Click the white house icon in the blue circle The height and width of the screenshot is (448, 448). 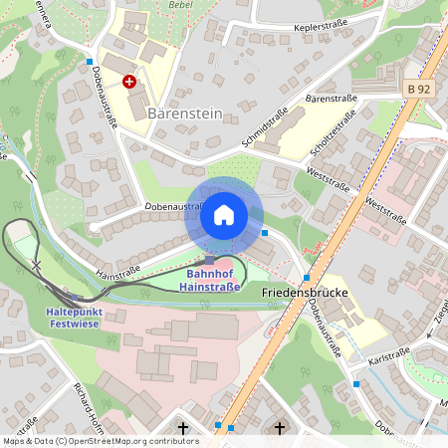click(224, 215)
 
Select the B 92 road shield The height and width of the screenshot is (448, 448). click(420, 89)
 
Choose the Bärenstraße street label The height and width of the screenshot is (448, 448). click(331, 100)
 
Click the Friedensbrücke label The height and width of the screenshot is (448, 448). click(303, 295)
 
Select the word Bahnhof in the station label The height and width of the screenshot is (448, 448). click(210, 274)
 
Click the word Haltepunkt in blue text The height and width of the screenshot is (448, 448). click(73, 312)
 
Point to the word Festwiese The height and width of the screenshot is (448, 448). click(75, 324)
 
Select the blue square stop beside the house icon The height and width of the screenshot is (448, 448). click(265, 233)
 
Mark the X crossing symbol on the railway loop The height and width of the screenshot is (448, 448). click(37, 265)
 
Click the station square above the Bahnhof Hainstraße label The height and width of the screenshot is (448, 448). click(210, 259)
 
